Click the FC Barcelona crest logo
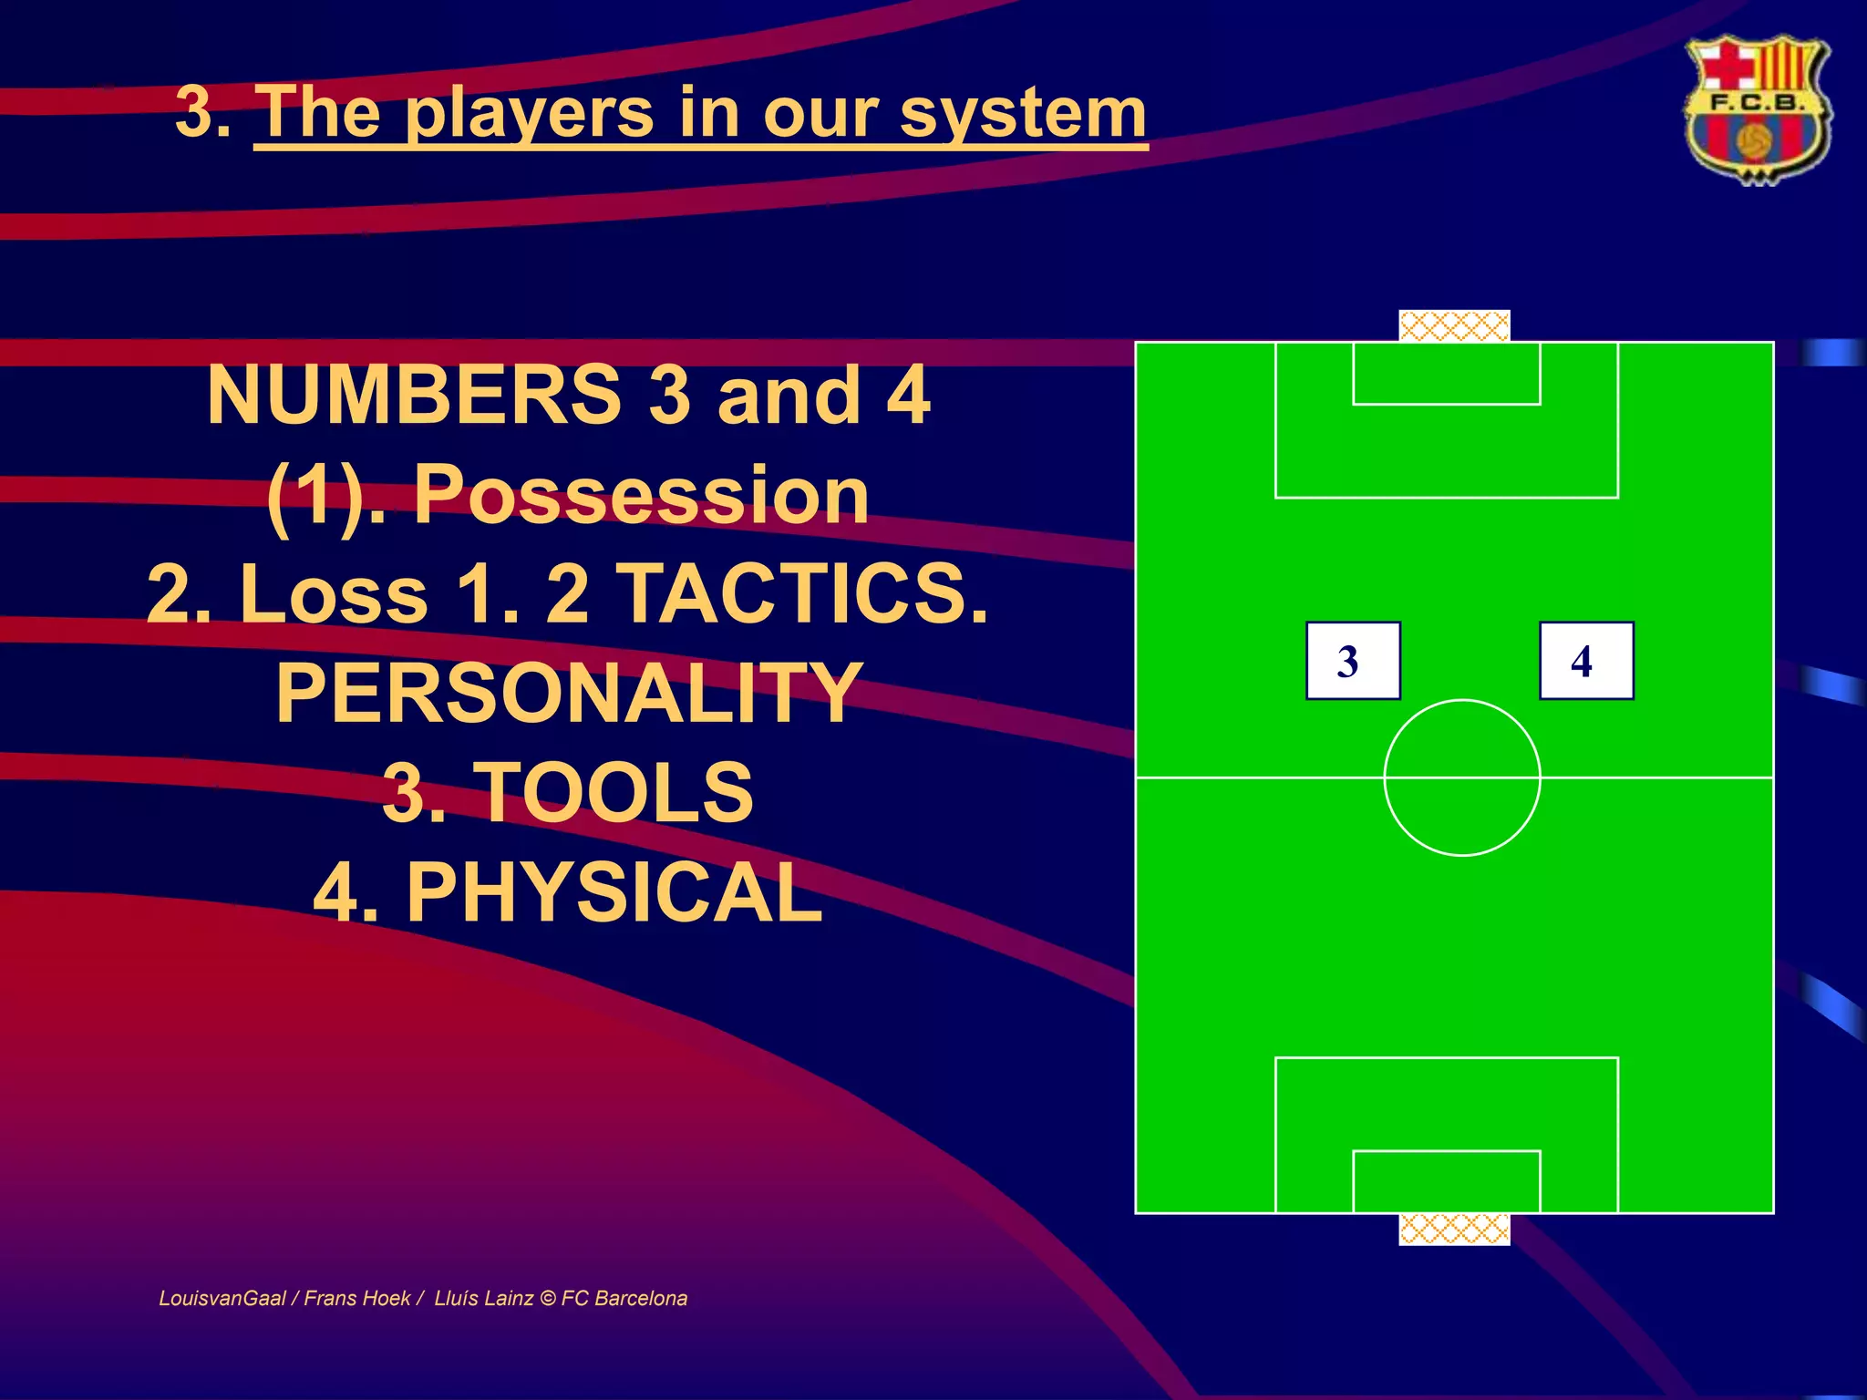[1757, 109]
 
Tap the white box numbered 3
[1353, 661]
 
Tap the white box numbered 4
[1586, 661]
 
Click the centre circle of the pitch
[1462, 777]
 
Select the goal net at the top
[1454, 325]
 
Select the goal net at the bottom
[1454, 1230]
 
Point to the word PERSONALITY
[569, 693]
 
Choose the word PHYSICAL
[614, 892]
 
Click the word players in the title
[529, 113]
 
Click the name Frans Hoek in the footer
[356, 1298]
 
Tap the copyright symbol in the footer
[548, 1298]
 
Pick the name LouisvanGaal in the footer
[222, 1298]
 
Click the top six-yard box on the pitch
[1447, 374]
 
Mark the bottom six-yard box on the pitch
[1447, 1181]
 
